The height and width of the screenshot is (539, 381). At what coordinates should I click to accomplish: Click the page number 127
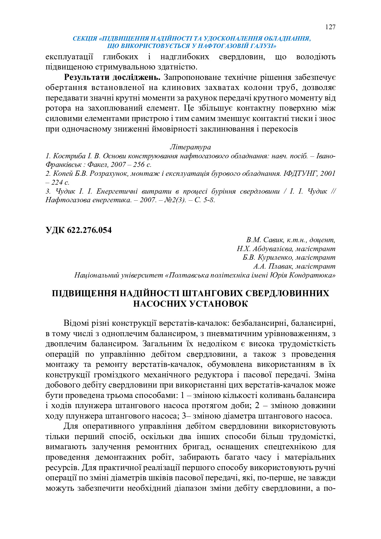click(x=330, y=27)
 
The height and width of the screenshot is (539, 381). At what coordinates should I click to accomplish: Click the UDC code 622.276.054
click(x=78, y=230)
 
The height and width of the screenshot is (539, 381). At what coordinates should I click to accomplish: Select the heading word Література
click(x=190, y=147)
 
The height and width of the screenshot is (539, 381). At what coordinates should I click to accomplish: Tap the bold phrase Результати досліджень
click(x=112, y=77)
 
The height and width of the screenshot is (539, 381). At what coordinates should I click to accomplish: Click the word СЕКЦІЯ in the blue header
click(x=85, y=39)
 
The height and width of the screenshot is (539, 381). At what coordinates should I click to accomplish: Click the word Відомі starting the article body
click(x=77, y=323)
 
